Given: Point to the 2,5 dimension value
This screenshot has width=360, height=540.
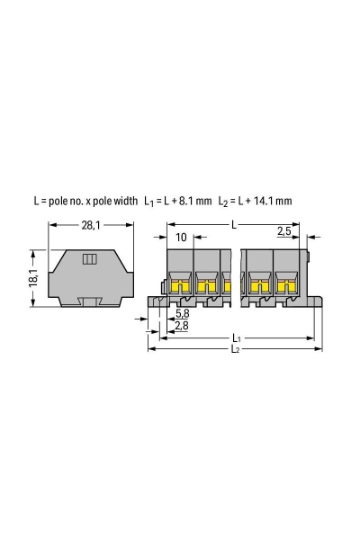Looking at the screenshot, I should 283,231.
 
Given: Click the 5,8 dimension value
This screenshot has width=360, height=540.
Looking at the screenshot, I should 182,313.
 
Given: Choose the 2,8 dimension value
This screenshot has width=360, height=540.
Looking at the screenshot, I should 182,324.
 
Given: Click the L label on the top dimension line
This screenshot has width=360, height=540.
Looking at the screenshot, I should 235,221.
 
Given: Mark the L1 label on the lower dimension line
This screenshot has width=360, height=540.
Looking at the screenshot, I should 234,338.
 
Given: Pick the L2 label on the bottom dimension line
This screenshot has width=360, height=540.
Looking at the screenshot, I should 234,348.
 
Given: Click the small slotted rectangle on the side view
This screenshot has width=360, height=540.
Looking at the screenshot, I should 90,260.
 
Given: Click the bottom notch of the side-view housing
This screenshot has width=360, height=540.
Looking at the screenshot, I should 90,302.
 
